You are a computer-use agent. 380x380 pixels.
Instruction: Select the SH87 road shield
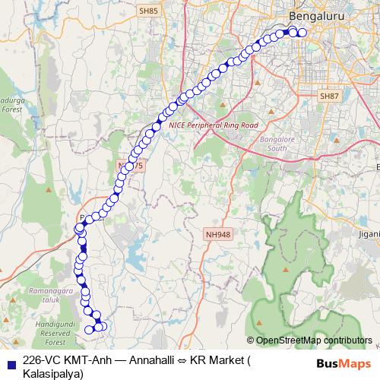point(329,97)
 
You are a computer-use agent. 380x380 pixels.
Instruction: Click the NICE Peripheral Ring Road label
point(214,125)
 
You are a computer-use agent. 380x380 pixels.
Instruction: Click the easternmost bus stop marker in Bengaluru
point(302,32)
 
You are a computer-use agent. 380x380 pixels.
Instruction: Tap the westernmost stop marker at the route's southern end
point(89,329)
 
